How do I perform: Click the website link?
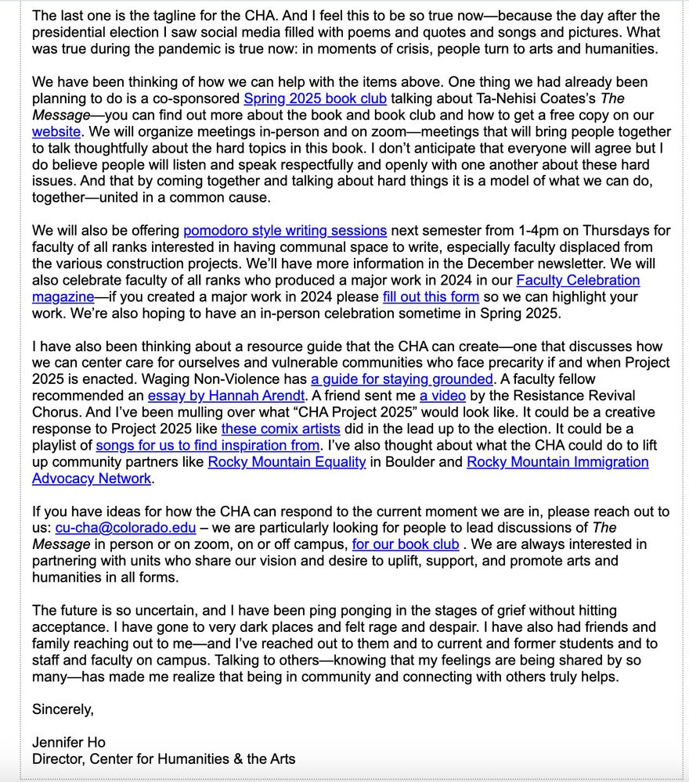tap(57, 132)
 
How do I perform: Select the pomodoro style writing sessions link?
tap(285, 231)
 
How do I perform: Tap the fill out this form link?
tap(431, 297)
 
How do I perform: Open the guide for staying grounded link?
tap(402, 379)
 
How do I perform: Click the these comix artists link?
tap(280, 429)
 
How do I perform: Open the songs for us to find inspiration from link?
tap(207, 445)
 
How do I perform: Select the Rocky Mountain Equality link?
tap(287, 461)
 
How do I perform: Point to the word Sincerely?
tap(63, 709)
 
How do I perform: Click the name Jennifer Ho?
tap(69, 742)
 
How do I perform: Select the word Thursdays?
tap(632, 231)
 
